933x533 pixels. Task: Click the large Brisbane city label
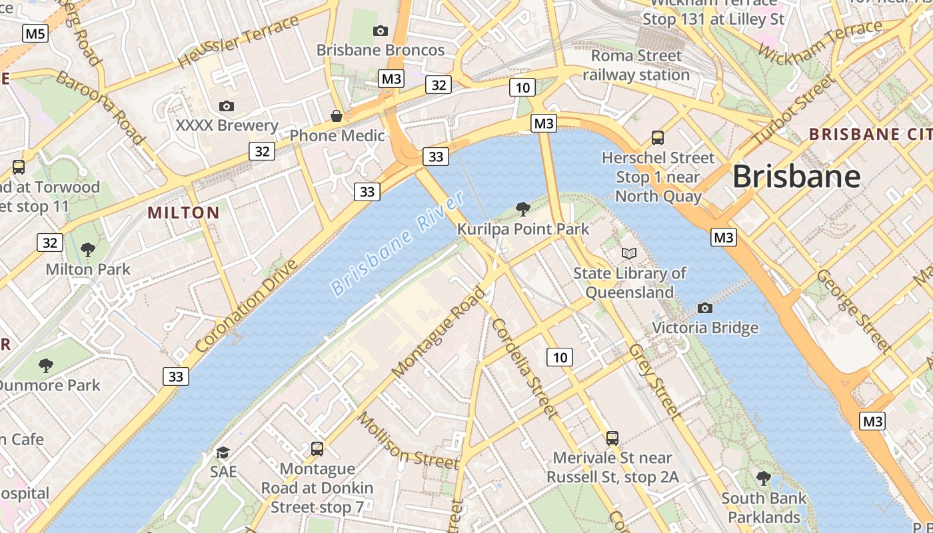tap(796, 177)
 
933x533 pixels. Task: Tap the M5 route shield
tap(35, 33)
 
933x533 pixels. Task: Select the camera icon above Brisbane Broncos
tap(381, 31)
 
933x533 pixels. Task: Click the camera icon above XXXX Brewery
tap(227, 106)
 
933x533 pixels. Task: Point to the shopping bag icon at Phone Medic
tap(337, 117)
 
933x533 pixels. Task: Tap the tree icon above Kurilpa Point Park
tap(523, 209)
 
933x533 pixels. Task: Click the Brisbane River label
tap(397, 244)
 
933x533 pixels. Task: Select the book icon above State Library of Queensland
tap(629, 253)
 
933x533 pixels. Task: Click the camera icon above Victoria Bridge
tap(705, 308)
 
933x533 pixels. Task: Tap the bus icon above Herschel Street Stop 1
tap(658, 138)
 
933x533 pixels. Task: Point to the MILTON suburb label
tap(183, 213)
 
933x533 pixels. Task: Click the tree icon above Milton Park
tap(87, 250)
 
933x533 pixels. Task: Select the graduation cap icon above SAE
tap(223, 452)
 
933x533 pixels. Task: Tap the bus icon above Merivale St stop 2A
tap(612, 438)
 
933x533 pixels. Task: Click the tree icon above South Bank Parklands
tap(763, 478)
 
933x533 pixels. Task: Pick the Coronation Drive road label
tap(247, 306)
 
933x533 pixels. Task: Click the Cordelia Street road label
tap(524, 368)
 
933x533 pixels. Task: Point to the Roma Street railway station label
tap(636, 65)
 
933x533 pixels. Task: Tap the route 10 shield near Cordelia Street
tap(560, 357)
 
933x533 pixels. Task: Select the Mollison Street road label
tap(408, 441)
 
